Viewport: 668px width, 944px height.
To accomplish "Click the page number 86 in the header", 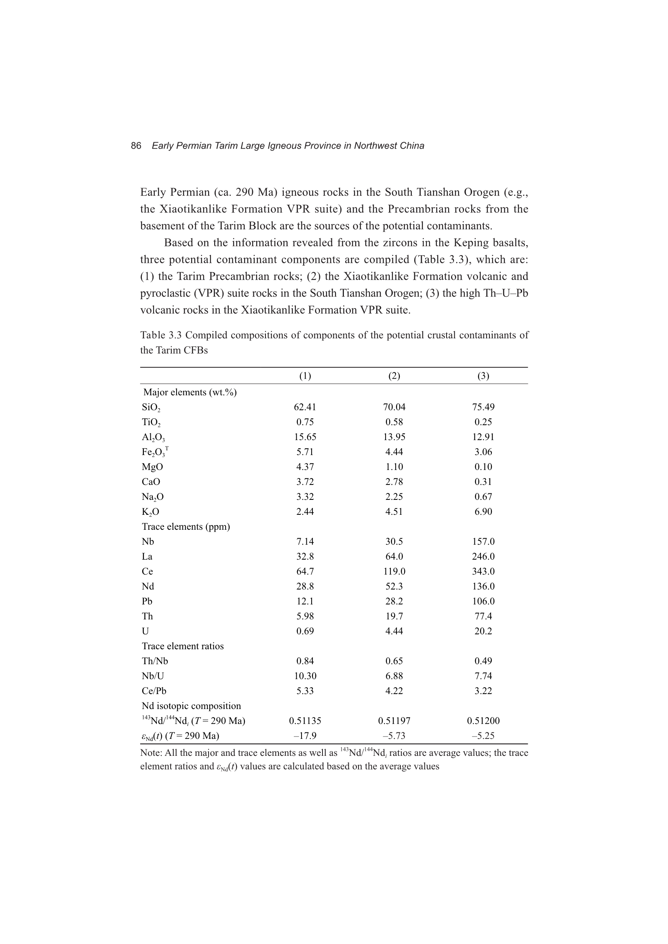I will (136, 146).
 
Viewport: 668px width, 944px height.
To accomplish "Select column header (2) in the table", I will (394, 376).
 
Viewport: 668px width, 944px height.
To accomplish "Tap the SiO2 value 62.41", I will (305, 407).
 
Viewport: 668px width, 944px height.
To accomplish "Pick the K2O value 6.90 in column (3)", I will (483, 512).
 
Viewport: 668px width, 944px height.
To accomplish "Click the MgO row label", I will (152, 467).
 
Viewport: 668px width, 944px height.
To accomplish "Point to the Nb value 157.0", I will (483, 541).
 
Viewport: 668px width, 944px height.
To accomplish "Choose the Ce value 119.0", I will (394, 571).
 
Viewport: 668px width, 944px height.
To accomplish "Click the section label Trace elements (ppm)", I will (185, 527).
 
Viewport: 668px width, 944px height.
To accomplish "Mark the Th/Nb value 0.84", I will (305, 661).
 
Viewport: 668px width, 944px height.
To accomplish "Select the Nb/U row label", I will (153, 676).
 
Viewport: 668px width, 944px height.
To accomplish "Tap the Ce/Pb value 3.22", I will (483, 691).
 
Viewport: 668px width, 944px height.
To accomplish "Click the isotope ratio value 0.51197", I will (394, 721).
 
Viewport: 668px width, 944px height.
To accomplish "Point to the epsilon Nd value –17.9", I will (305, 736).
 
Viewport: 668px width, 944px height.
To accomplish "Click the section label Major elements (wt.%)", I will (190, 392).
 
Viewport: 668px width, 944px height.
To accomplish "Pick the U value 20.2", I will (483, 631).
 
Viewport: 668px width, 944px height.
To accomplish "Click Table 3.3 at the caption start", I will (160, 335).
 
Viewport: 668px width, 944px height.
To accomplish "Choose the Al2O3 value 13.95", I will (394, 437).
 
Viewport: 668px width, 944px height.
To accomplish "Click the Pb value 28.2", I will (394, 601).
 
